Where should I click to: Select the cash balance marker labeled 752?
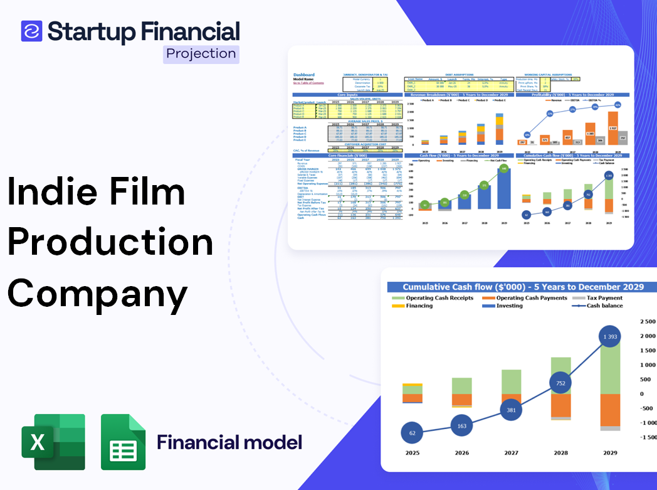560,383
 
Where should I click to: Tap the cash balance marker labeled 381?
511,410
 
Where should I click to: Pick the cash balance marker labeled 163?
461,426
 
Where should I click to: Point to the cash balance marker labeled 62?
412,433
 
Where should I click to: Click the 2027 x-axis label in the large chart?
511,452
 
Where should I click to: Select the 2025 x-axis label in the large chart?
412,452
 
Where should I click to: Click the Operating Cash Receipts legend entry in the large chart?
439,298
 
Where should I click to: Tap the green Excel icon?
53,442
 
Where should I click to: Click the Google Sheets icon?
124,442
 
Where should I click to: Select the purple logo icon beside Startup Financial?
31,31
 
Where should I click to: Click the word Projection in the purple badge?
201,54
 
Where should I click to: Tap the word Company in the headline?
98,292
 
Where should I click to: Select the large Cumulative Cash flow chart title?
523,287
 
